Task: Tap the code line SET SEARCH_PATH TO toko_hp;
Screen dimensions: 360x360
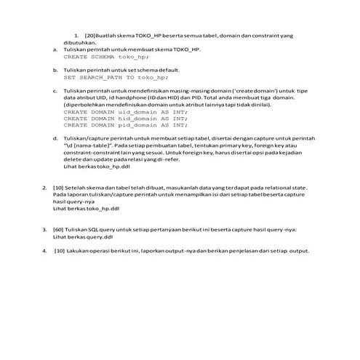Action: click(x=110, y=76)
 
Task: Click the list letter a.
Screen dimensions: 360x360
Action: click(x=57, y=49)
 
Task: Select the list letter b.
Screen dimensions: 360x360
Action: click(x=57, y=69)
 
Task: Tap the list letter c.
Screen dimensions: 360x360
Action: click(x=57, y=90)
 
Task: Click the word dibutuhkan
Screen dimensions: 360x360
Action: click(x=80, y=41)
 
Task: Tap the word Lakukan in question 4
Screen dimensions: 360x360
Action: click(x=80, y=250)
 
